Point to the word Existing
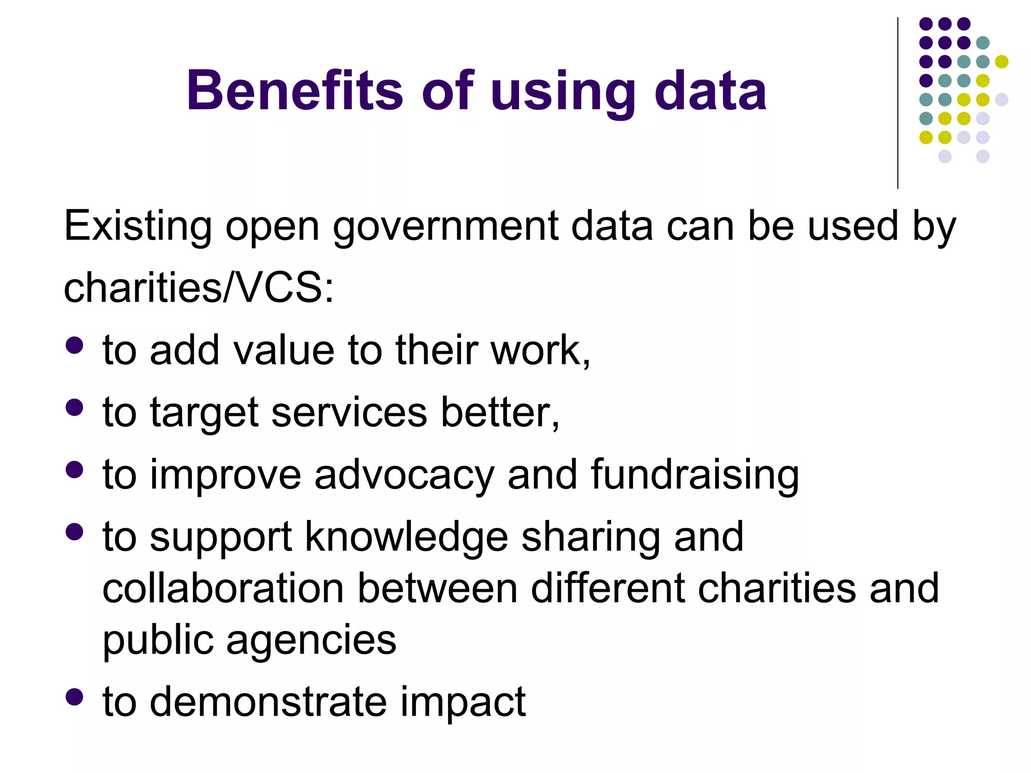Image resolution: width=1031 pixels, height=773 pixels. pyautogui.click(x=137, y=226)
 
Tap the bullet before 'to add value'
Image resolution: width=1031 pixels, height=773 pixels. pyautogui.click(x=75, y=346)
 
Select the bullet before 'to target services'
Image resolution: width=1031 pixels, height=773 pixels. pyautogui.click(x=75, y=408)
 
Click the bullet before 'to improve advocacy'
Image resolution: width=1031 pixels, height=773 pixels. pyautogui.click(x=75, y=470)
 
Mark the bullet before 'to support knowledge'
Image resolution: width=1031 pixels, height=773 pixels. pyautogui.click(x=75, y=532)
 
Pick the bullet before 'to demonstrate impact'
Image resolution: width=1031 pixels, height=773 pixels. pyautogui.click(x=75, y=697)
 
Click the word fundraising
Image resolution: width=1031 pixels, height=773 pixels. pyautogui.click(x=695, y=476)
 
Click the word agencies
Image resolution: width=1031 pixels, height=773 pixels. pyautogui.click(x=311, y=642)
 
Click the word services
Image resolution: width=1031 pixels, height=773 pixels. pyautogui.click(x=349, y=413)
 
